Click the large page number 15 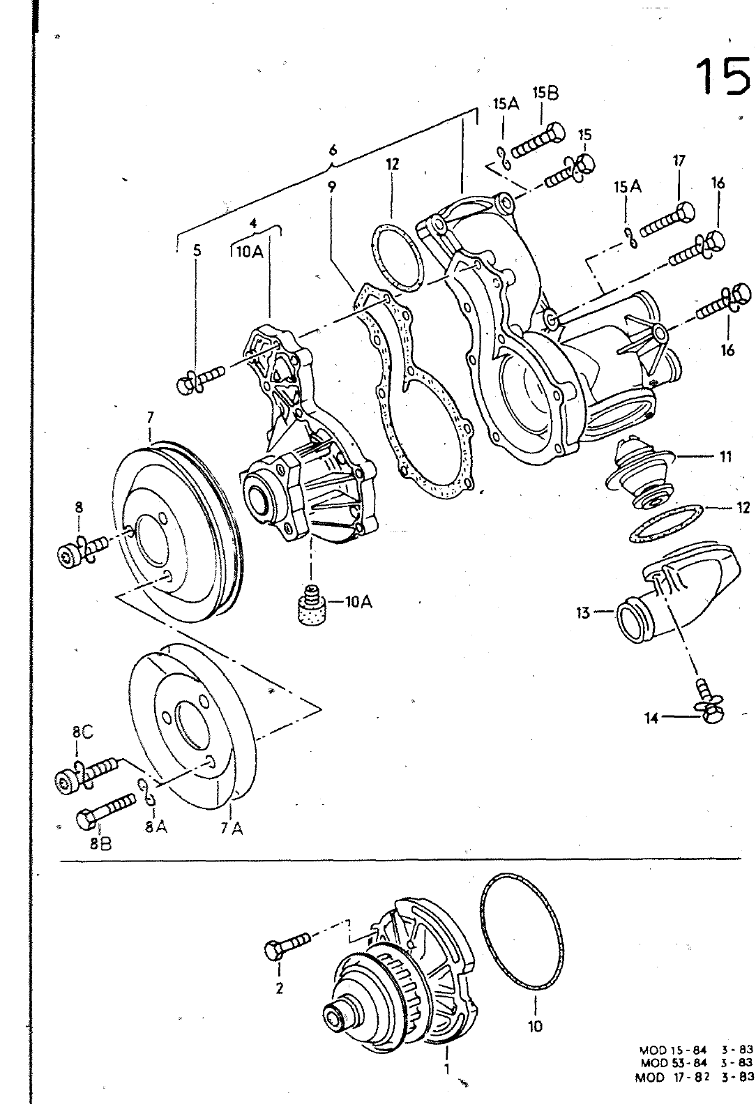click(x=724, y=76)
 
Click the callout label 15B click(x=545, y=93)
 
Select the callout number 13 click(x=582, y=612)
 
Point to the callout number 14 click(x=651, y=718)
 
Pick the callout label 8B click(x=100, y=843)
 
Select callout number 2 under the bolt click(x=280, y=988)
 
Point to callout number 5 click(x=197, y=250)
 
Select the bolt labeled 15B click(x=539, y=142)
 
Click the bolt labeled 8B click(x=105, y=810)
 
